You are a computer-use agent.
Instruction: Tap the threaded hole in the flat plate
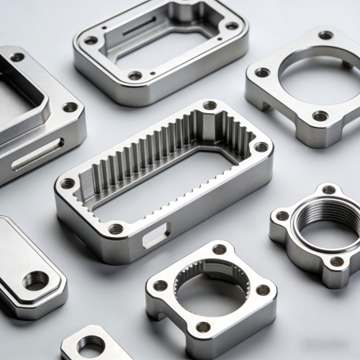36,279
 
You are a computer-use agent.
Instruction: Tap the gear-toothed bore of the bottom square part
211,289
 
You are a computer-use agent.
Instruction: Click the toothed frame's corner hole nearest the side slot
115,229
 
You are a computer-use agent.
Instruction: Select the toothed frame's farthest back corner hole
210,106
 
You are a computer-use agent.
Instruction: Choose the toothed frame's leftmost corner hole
67,184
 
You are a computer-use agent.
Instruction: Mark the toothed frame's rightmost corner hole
261,147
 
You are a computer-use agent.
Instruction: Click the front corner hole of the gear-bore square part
204,326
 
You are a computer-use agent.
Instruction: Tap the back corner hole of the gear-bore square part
219,250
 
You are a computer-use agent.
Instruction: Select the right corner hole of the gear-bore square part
263,289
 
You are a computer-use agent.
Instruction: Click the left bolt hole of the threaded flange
282,215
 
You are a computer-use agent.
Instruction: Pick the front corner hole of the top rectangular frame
135,75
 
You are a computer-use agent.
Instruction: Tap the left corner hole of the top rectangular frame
90,40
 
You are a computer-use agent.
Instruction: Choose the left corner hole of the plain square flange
262,72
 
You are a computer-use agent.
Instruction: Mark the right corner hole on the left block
70,107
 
